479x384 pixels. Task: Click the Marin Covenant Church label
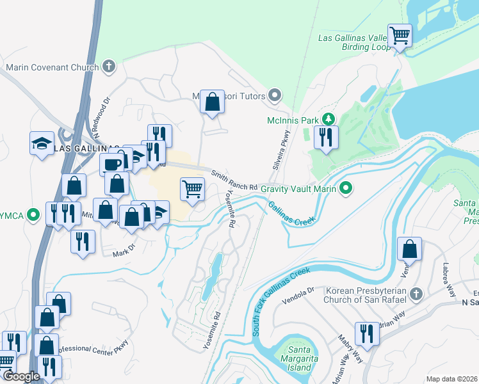coord(53,67)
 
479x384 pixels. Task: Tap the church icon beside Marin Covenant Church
coord(109,66)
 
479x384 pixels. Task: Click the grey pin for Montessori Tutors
coord(275,96)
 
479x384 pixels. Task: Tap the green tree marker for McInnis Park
coord(328,119)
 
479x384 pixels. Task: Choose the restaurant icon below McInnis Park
coord(326,137)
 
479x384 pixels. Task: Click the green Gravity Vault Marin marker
coord(346,188)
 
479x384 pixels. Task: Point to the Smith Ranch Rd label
coord(234,180)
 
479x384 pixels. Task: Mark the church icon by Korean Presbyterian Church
coord(416,294)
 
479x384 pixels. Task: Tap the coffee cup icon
coord(113,163)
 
